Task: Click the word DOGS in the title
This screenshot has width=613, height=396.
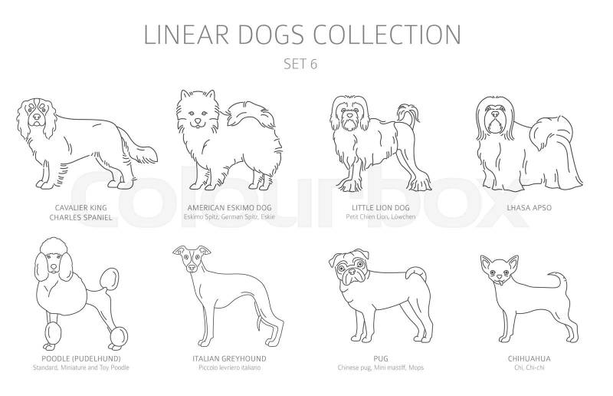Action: pos(270,35)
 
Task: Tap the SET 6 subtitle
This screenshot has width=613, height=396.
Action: pos(300,64)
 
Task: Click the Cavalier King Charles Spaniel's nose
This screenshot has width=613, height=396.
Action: pos(36,117)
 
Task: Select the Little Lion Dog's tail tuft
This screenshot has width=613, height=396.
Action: pos(408,113)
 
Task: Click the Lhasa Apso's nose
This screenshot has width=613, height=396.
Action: pos(495,114)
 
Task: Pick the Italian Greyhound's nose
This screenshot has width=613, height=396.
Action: pos(192,267)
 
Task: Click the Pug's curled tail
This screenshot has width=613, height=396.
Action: pos(415,274)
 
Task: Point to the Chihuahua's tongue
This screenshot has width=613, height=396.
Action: pos(500,279)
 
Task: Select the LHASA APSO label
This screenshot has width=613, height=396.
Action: pos(529,208)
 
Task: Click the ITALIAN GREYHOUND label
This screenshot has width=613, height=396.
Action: pos(229,358)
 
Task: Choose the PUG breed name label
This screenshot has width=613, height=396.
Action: pos(380,358)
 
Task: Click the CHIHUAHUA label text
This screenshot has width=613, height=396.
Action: pos(529,358)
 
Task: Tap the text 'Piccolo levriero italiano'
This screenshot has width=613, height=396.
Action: pos(229,368)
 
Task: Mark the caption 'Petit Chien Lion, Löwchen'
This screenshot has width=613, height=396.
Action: pos(380,216)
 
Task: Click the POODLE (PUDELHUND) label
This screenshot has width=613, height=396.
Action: pos(81,358)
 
